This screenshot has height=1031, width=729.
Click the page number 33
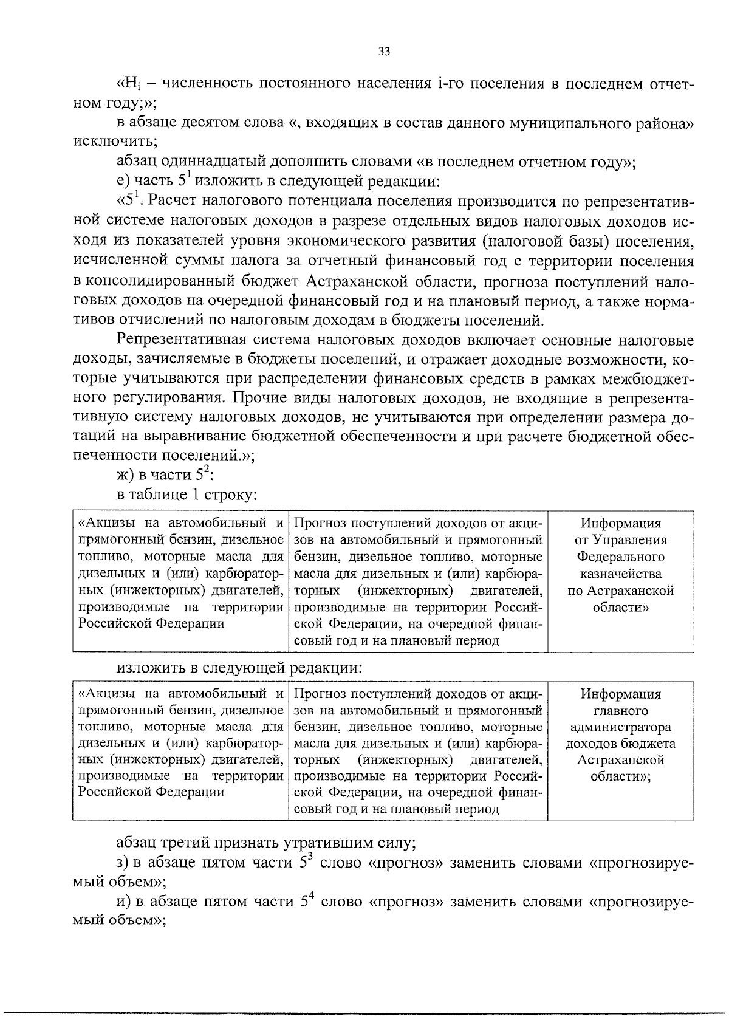coord(383,52)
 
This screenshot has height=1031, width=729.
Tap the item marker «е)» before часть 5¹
coord(124,181)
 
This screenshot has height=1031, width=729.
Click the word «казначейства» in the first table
coord(620,574)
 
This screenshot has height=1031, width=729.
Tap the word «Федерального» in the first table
coord(620,557)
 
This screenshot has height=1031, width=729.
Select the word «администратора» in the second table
coord(620,727)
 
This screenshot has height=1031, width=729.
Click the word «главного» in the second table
coord(620,710)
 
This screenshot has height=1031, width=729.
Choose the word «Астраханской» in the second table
coord(620,760)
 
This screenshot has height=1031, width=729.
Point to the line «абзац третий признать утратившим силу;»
coord(266,844)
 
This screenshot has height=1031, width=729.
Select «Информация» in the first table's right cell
coord(620,524)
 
